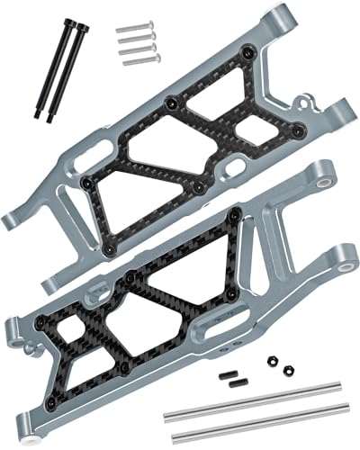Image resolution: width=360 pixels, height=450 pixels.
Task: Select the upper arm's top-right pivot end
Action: pos(281,13)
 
